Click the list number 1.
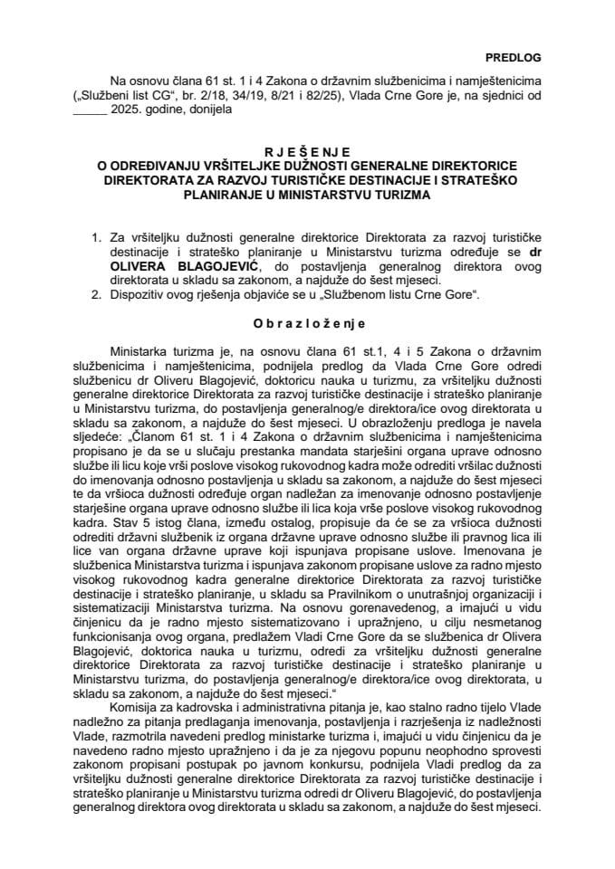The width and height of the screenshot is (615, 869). [97, 239]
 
